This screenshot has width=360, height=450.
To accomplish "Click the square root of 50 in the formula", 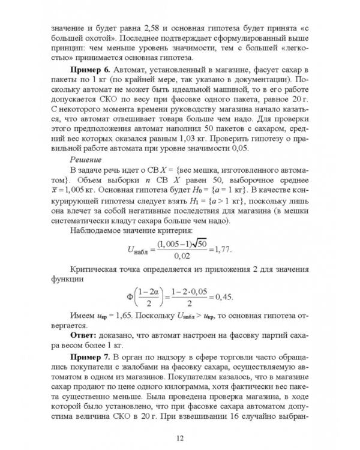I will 198,241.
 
